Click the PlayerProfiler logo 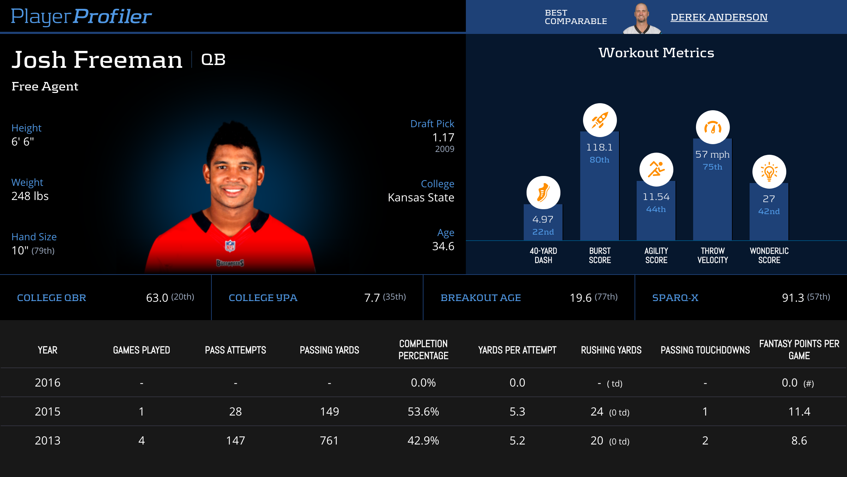[81, 17]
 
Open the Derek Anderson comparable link [719, 17]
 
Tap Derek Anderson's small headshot [642, 18]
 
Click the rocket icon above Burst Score [600, 120]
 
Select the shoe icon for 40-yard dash [543, 193]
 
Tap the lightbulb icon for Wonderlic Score [769, 172]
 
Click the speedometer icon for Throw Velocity [713, 127]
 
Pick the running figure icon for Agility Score [656, 170]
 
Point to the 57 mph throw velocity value [712, 154]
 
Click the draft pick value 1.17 [443, 137]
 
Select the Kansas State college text [421, 198]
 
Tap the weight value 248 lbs [30, 196]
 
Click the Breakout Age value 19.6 [581, 298]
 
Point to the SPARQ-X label [675, 298]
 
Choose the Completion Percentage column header [423, 350]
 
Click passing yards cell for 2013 [329, 441]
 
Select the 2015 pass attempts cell [235, 412]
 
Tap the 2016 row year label [48, 383]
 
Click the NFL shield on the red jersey [230, 246]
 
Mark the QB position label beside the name [213, 60]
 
